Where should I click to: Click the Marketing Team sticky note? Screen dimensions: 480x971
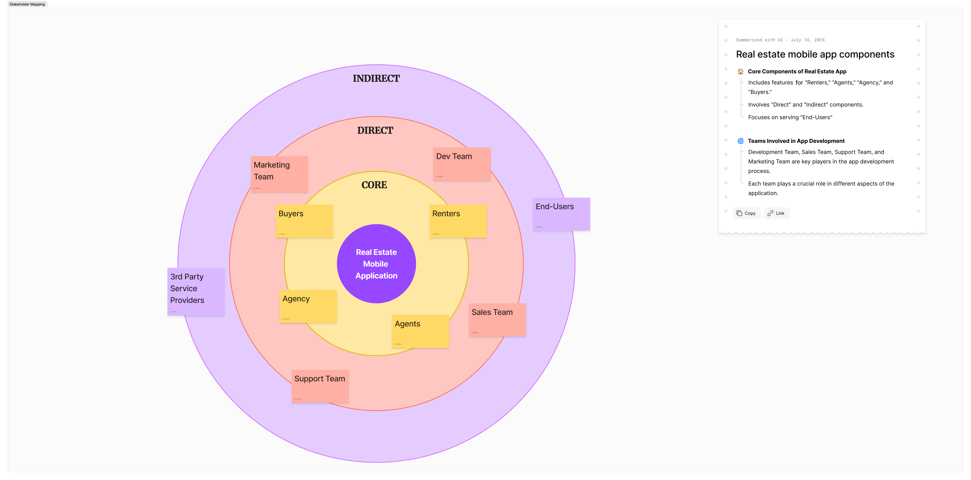279,174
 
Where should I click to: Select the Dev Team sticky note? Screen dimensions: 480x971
462,164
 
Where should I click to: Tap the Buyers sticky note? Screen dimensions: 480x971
304,221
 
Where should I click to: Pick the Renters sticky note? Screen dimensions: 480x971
458,221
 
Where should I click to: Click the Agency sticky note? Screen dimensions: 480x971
308,306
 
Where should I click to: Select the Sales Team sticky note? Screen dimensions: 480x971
497,320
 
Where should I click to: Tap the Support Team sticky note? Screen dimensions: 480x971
320,386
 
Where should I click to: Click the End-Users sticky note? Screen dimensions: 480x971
561,214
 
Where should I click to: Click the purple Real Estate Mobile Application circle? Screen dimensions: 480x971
376,264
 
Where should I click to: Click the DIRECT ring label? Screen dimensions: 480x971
375,131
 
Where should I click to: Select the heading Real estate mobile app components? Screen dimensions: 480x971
815,54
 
